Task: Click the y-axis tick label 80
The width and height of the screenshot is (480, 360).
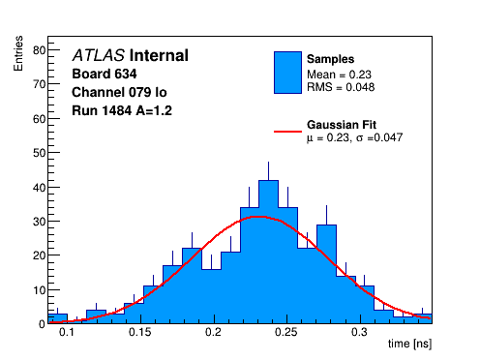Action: click(x=39, y=50)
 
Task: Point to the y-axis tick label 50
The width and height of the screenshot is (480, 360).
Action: click(x=39, y=153)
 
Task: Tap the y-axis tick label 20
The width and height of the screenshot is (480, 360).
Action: click(x=39, y=255)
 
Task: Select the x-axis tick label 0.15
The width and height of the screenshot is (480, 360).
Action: click(x=140, y=332)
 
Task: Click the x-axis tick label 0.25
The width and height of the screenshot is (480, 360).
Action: click(x=286, y=332)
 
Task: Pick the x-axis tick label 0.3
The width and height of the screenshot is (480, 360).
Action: click(x=359, y=332)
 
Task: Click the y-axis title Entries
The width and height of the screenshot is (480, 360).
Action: click(x=18, y=53)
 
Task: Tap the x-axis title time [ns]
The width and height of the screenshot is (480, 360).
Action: click(x=409, y=345)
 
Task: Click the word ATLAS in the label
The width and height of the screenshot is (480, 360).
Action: click(x=99, y=55)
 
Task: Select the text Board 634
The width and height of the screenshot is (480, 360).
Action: click(x=105, y=74)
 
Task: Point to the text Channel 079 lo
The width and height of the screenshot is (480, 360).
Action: click(x=119, y=92)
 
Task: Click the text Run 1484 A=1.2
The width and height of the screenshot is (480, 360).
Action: click(x=122, y=110)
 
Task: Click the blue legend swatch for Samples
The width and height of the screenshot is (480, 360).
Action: click(x=287, y=73)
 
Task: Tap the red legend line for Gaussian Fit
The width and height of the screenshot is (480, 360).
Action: click(x=287, y=132)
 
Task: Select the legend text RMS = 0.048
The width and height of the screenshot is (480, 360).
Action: click(x=341, y=87)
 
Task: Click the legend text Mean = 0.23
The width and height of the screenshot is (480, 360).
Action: click(x=339, y=75)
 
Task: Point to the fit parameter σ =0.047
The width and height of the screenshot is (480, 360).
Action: click(x=379, y=137)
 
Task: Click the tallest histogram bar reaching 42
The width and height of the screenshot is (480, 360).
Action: click(x=268, y=252)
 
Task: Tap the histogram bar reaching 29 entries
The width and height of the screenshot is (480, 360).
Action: click(x=326, y=274)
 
